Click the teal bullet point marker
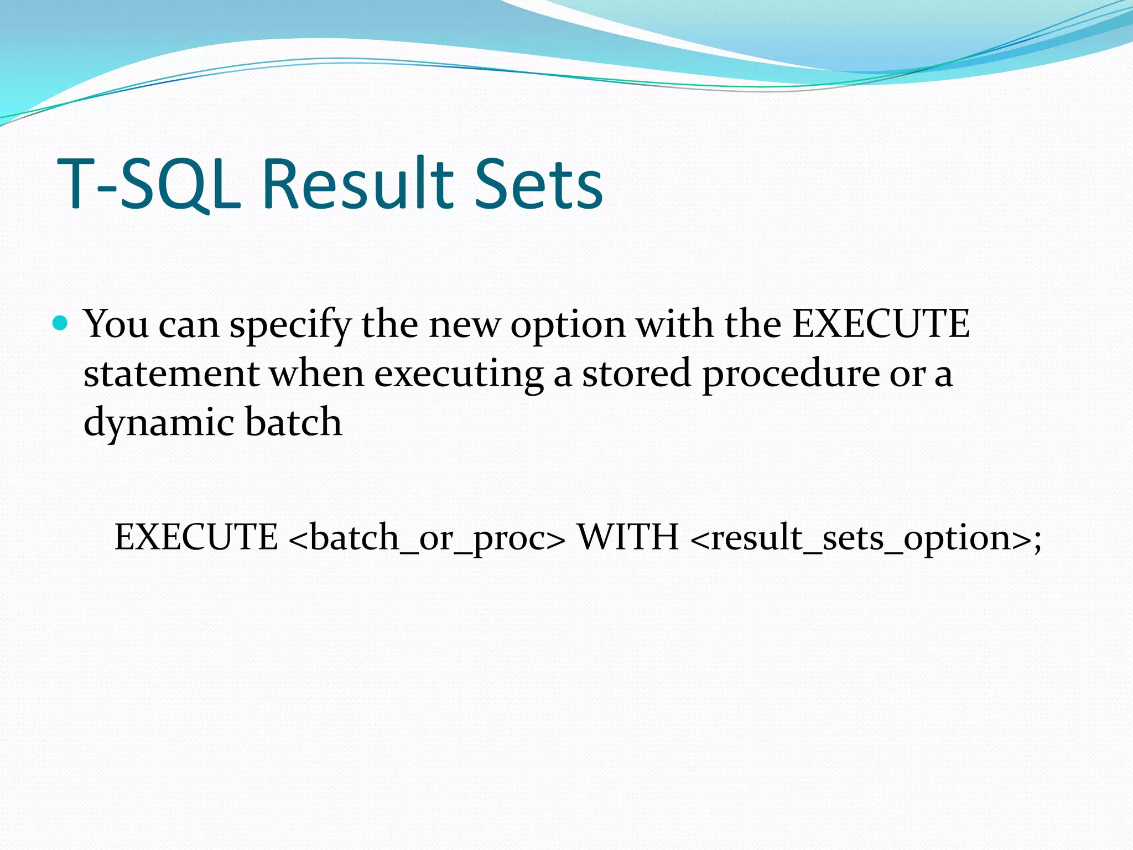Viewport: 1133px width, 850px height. [x=60, y=323]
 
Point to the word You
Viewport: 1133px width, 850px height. [x=116, y=324]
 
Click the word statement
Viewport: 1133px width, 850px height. [x=171, y=374]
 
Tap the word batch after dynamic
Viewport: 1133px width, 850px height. [x=293, y=422]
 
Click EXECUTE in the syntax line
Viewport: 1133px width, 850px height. [x=196, y=537]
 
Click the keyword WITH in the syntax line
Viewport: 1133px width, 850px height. [x=628, y=537]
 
